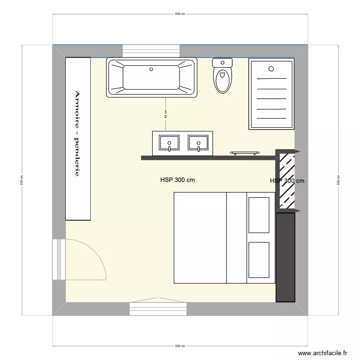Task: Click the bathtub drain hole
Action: coord(152,69)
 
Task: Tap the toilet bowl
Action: coord(222,81)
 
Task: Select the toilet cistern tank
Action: coord(222,62)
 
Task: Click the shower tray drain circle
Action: coord(271,69)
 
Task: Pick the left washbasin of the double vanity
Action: coord(169,143)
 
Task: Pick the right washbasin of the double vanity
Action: coord(198,143)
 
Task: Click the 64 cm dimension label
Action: coord(166,114)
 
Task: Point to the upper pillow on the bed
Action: coord(259,214)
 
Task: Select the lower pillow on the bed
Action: coord(259,260)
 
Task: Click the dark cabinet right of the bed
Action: coord(285,257)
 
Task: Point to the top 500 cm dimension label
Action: coord(180,14)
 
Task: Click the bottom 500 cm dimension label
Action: coord(180,346)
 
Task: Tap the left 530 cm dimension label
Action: coord(22,180)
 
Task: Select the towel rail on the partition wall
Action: coord(245,153)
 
